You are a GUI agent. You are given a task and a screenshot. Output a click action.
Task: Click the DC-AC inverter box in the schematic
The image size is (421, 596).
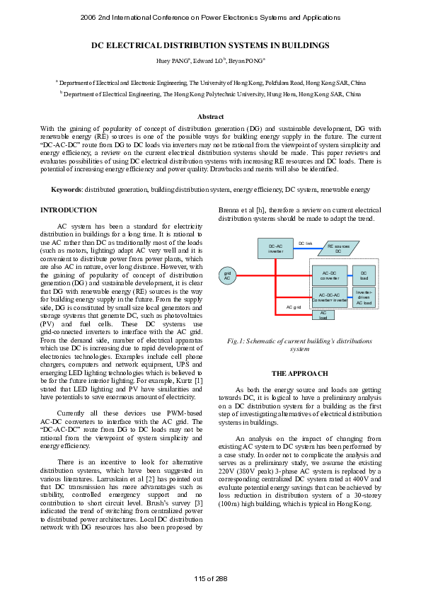point(276,248)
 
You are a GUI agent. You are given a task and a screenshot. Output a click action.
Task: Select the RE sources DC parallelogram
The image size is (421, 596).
point(338,248)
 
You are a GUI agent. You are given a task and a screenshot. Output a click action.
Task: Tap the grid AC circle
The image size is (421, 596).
point(227,276)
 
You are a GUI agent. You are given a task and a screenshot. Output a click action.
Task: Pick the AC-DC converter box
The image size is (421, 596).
point(330,275)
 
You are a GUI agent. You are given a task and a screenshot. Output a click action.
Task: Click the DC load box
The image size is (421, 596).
point(364,275)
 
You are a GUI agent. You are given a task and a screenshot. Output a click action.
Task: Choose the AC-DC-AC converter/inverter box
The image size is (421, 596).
point(330,297)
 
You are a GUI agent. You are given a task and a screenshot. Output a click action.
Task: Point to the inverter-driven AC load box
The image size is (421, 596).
point(364,297)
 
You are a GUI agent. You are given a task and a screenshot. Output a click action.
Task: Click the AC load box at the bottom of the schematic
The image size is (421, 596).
point(323,315)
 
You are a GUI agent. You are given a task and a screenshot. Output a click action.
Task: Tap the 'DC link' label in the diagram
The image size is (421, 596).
point(305,243)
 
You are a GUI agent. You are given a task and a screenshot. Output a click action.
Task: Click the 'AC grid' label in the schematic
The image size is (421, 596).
point(294,308)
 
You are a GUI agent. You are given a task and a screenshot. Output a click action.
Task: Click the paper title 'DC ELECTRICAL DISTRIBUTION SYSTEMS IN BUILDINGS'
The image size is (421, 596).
point(210,45)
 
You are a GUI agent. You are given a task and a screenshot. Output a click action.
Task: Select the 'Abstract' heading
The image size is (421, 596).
point(210,116)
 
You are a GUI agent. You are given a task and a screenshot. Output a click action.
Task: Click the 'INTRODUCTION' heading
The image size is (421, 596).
point(69,210)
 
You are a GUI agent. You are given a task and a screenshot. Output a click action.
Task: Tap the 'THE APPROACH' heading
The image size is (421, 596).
point(300,373)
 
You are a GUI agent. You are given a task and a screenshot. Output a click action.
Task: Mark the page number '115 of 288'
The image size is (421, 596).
point(210,578)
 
